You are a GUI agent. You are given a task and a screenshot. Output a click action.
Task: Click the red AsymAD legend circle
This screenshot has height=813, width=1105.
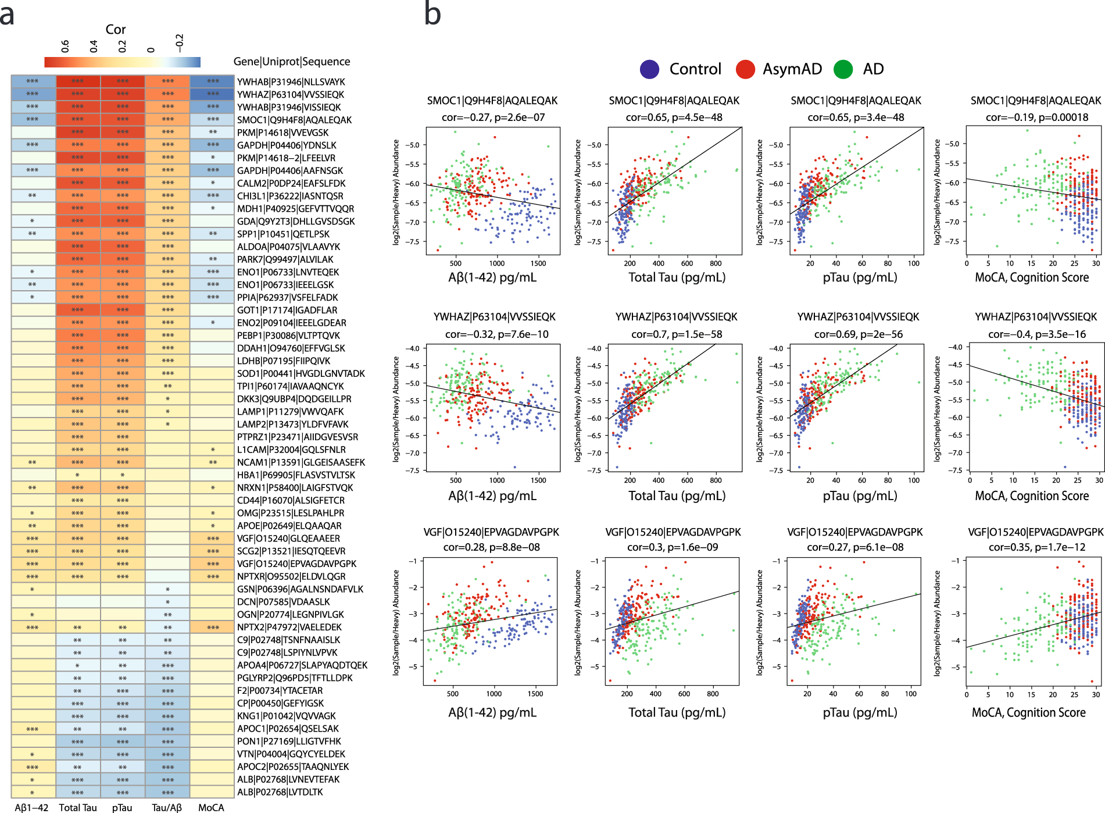(x=745, y=69)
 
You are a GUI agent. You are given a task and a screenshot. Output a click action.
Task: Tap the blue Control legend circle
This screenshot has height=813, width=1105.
(x=649, y=69)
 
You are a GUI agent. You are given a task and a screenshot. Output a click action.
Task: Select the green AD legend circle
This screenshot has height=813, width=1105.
(x=843, y=69)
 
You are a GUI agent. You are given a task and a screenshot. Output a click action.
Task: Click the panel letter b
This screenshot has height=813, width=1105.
(x=432, y=14)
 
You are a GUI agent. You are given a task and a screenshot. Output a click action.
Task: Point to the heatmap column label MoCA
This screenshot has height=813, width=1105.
(x=211, y=807)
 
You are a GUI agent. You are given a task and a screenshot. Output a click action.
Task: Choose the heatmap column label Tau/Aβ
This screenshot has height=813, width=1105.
(x=167, y=807)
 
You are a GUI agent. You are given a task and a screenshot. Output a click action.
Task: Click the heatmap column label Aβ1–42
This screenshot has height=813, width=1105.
(x=32, y=807)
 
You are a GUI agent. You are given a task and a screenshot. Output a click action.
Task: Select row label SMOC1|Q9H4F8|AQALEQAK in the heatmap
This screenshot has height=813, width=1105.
(x=294, y=120)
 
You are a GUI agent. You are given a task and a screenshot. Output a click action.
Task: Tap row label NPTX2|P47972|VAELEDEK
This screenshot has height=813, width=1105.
(x=289, y=627)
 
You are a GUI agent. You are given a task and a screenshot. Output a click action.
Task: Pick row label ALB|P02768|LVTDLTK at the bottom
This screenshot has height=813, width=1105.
(x=280, y=791)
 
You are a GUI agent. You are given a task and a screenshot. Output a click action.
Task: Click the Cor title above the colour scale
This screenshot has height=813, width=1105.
(x=116, y=29)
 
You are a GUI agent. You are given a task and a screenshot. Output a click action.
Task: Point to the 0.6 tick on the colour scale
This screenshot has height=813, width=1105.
(x=65, y=47)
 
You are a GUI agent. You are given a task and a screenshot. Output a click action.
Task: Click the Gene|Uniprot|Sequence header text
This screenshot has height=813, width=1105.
(x=291, y=62)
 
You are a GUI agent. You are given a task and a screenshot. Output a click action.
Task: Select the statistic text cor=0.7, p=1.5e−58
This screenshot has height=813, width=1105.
(x=677, y=334)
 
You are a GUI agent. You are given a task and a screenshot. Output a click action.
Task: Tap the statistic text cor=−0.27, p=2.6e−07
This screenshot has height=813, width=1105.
(x=493, y=117)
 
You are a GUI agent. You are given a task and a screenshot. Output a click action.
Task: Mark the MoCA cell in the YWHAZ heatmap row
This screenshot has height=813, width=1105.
(x=212, y=94)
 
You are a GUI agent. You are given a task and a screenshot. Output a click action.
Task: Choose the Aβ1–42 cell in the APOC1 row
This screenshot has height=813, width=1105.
(x=33, y=729)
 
